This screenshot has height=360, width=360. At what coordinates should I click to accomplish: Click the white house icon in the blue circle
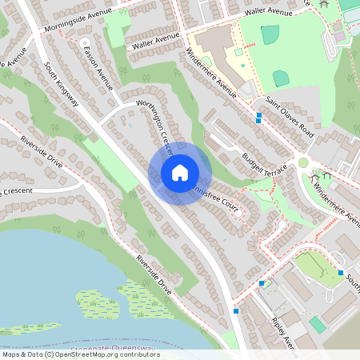pos(180,172)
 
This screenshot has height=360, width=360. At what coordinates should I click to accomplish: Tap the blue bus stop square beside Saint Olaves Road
pos(259,118)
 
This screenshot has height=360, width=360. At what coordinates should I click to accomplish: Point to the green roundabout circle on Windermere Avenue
pos(303,162)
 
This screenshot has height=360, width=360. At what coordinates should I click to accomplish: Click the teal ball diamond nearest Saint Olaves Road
pos(281,78)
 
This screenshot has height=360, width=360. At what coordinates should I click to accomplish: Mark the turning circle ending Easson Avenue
pos(85,42)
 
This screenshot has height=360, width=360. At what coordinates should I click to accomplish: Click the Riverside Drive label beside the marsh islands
pos(154,272)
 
